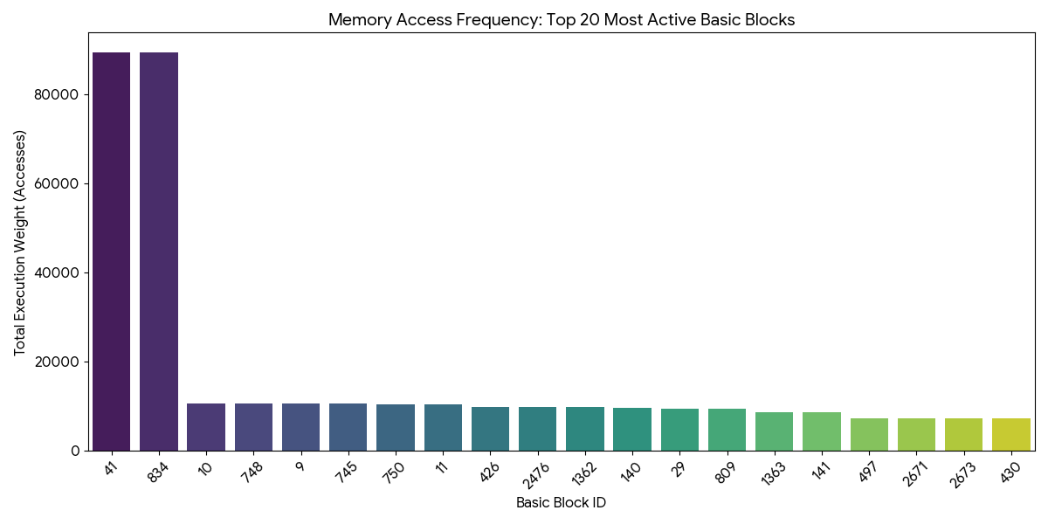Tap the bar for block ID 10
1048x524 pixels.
tap(206, 427)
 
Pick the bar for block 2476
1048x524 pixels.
tap(537, 429)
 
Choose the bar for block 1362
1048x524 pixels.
tap(584, 429)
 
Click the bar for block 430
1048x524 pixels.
tap(1010, 435)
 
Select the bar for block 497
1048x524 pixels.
tap(869, 435)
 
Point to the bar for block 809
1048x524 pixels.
tap(727, 430)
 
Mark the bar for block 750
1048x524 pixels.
tap(396, 428)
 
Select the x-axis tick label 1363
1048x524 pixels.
tap(771, 475)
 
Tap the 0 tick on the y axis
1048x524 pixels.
tap(76, 451)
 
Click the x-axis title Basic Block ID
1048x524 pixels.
tap(561, 503)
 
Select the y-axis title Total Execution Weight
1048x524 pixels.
tap(20, 243)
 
